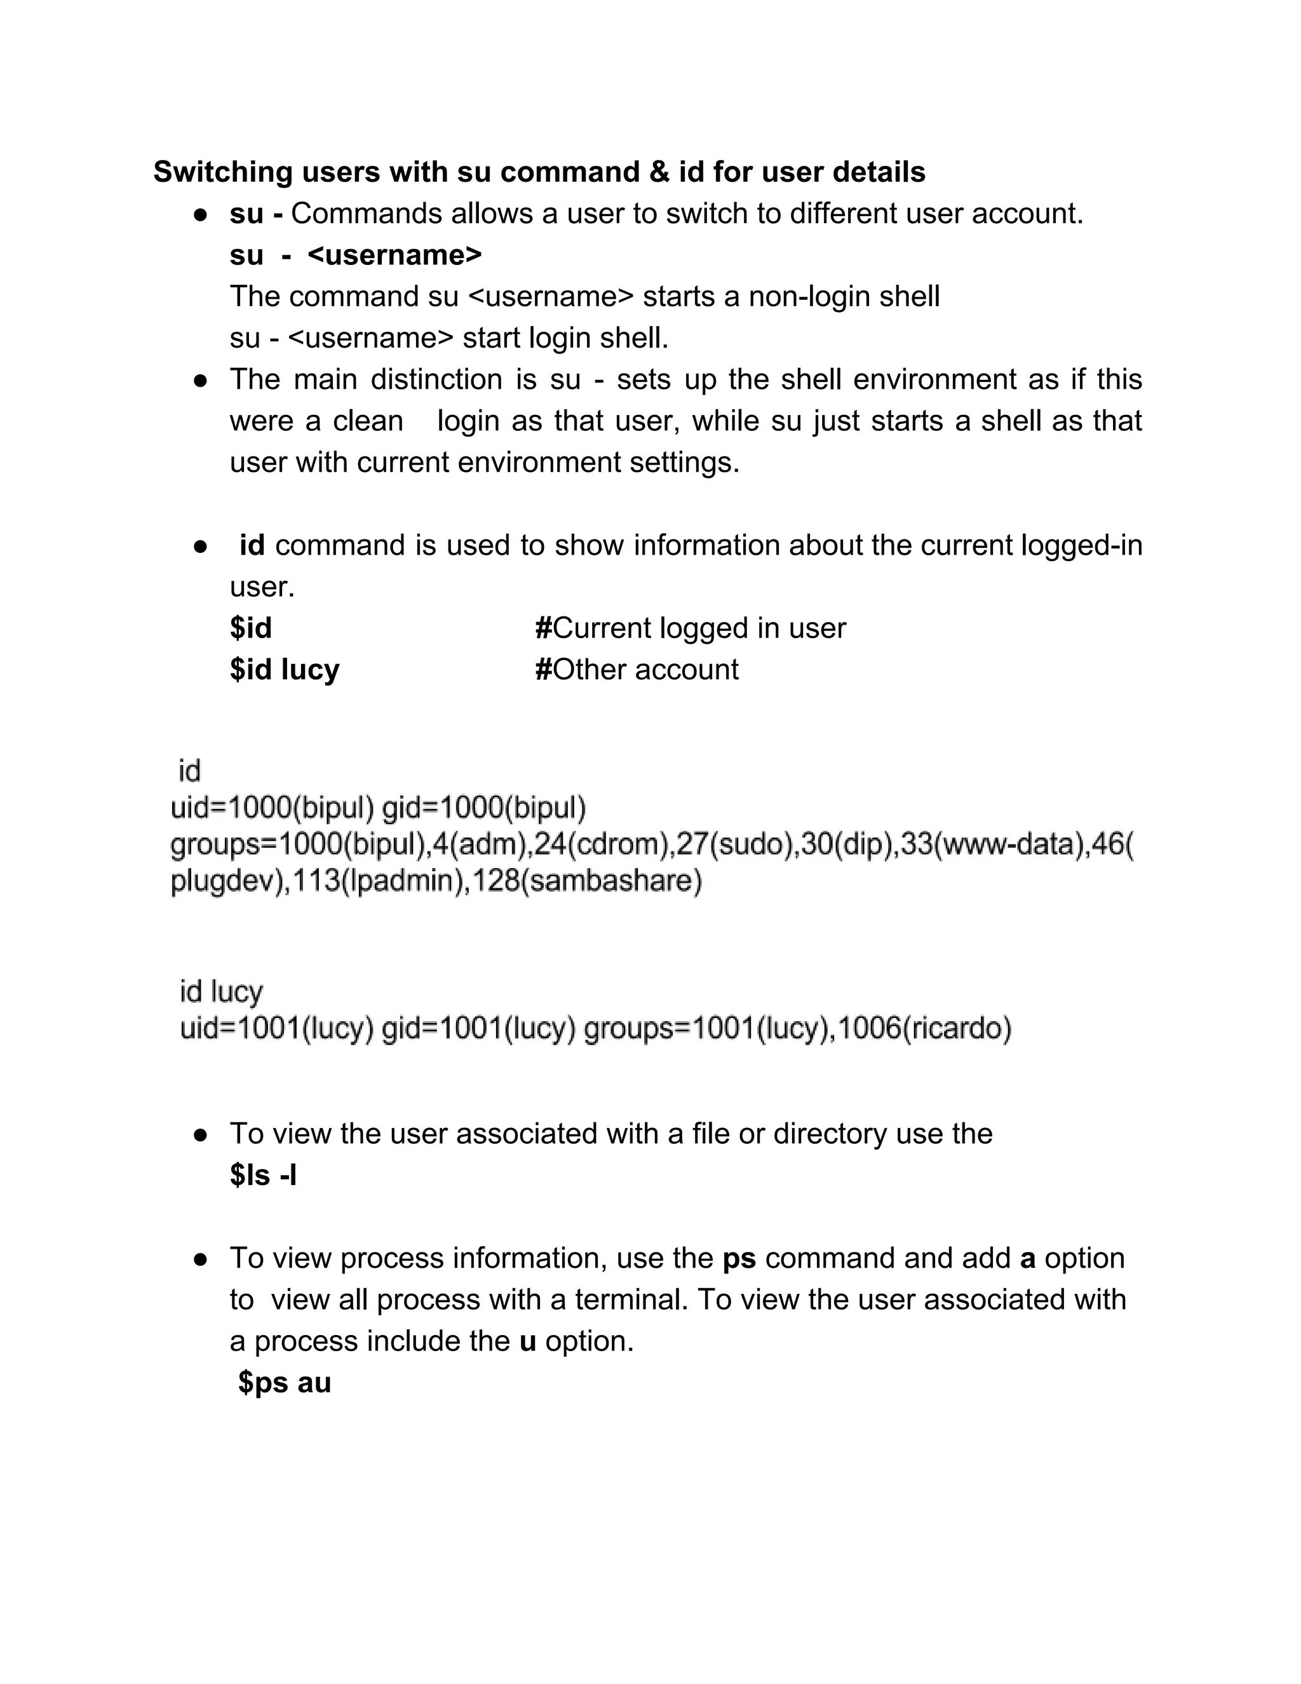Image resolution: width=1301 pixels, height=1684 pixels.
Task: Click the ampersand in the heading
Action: click(659, 172)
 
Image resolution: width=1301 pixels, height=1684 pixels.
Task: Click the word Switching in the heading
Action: click(222, 172)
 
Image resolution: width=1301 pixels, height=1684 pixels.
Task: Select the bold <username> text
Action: click(394, 255)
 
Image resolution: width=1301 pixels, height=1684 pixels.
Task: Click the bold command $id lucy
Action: click(285, 670)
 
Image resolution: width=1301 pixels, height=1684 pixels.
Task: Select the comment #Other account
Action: click(637, 670)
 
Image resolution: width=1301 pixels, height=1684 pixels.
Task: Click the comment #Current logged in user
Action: click(691, 628)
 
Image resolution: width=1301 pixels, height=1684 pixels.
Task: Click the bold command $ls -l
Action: click(263, 1176)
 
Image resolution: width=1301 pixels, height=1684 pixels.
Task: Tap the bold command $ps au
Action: click(285, 1383)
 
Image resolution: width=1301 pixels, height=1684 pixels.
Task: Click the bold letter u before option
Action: click(527, 1341)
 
